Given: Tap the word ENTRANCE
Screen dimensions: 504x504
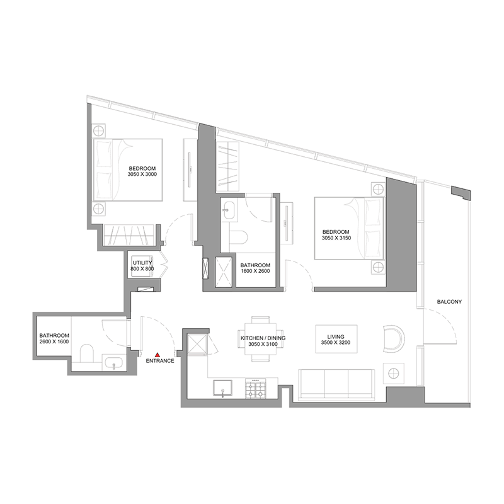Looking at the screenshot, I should [x=159, y=362].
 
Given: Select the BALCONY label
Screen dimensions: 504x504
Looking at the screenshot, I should [x=449, y=302].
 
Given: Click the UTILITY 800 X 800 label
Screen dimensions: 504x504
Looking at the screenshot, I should [x=142, y=265].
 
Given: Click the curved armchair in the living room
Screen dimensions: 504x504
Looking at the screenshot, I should [x=394, y=338].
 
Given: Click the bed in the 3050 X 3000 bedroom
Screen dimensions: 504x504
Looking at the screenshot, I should [x=128, y=168].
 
